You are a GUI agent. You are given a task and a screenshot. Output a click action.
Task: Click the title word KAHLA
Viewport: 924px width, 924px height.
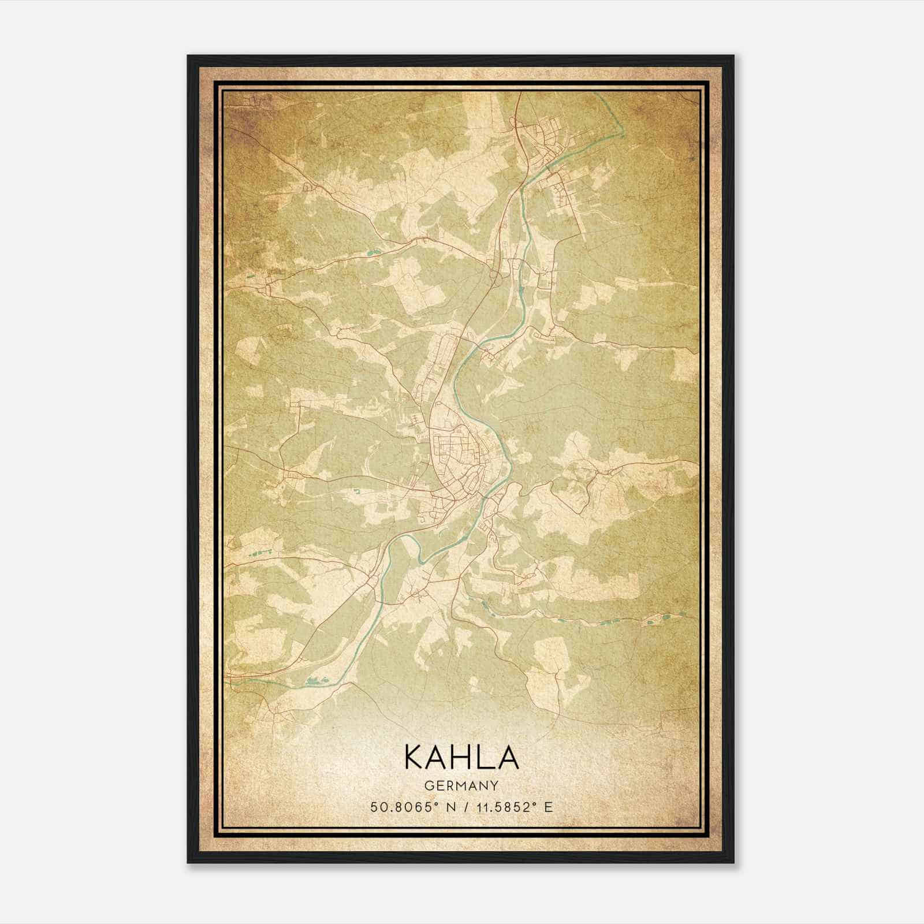click(x=461, y=757)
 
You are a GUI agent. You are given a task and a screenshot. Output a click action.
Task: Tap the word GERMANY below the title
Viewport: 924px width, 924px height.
click(x=461, y=785)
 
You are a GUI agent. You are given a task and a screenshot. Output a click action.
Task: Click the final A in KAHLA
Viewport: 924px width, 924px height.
click(x=508, y=757)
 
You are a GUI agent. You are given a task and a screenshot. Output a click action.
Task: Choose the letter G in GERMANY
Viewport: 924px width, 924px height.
click(x=428, y=785)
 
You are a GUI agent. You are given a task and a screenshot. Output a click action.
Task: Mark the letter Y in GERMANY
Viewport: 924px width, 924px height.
click(x=495, y=785)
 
